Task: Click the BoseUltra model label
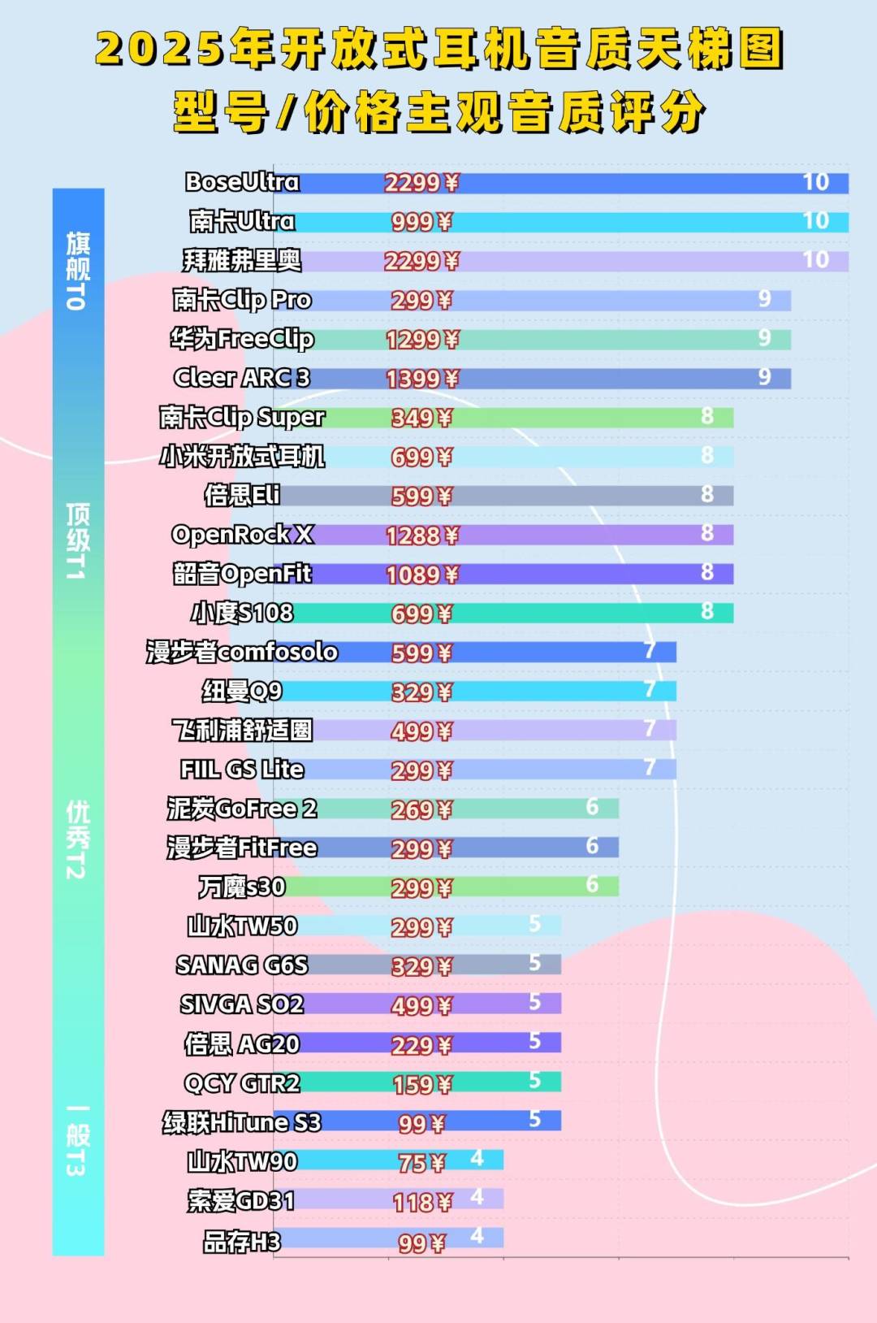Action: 242,182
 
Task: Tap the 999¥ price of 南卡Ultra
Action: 421,222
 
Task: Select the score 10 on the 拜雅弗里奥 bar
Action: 815,260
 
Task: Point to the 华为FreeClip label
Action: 242,339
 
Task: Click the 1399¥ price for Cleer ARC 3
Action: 421,379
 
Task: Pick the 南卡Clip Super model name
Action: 242,418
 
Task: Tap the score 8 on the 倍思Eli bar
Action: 707,494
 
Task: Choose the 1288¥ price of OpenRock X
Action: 421,536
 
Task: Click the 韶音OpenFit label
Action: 242,574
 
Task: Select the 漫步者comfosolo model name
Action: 242,652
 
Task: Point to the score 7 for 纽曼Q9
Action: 650,690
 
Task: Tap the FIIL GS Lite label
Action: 242,770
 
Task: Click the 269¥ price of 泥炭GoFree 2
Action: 421,809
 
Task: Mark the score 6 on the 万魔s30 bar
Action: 592,884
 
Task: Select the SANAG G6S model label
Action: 242,965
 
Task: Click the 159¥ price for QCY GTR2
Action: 421,1084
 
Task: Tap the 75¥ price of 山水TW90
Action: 421,1163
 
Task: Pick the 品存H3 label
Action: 242,1242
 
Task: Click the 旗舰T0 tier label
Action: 77,271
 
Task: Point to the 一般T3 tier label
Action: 77,1140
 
